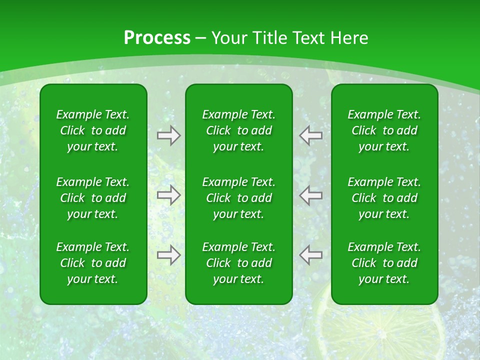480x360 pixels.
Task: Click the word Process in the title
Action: click(157, 38)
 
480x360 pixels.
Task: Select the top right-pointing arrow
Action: click(169, 135)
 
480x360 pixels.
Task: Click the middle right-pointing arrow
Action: click(169, 195)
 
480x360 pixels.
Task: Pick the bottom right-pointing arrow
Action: click(169, 255)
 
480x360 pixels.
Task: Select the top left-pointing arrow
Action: click(311, 135)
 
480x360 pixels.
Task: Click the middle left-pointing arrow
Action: click(311, 195)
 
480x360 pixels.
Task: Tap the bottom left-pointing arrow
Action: click(311, 255)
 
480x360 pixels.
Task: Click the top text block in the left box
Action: click(93, 130)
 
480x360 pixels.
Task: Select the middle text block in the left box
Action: click(93, 198)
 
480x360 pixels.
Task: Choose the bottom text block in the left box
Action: click(93, 263)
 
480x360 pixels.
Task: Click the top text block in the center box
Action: click(238, 130)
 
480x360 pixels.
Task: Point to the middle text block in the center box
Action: click(238, 198)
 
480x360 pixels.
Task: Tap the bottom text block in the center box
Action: click(238, 263)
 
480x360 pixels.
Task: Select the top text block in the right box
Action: click(384, 130)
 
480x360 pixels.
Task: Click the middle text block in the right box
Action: click(384, 198)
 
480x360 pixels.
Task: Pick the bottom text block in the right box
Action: click(384, 263)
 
